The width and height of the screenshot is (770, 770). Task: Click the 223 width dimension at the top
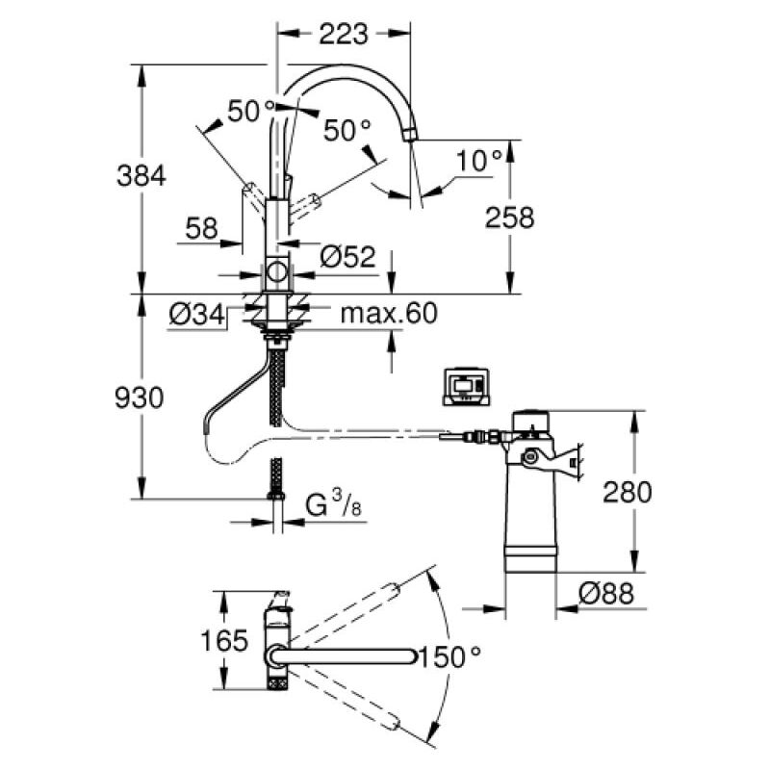pyautogui.click(x=342, y=34)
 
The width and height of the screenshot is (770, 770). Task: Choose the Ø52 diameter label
pyautogui.click(x=345, y=258)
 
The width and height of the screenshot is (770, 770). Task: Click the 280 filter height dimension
pyautogui.click(x=629, y=492)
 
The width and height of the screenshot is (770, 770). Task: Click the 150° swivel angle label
pyautogui.click(x=449, y=658)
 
